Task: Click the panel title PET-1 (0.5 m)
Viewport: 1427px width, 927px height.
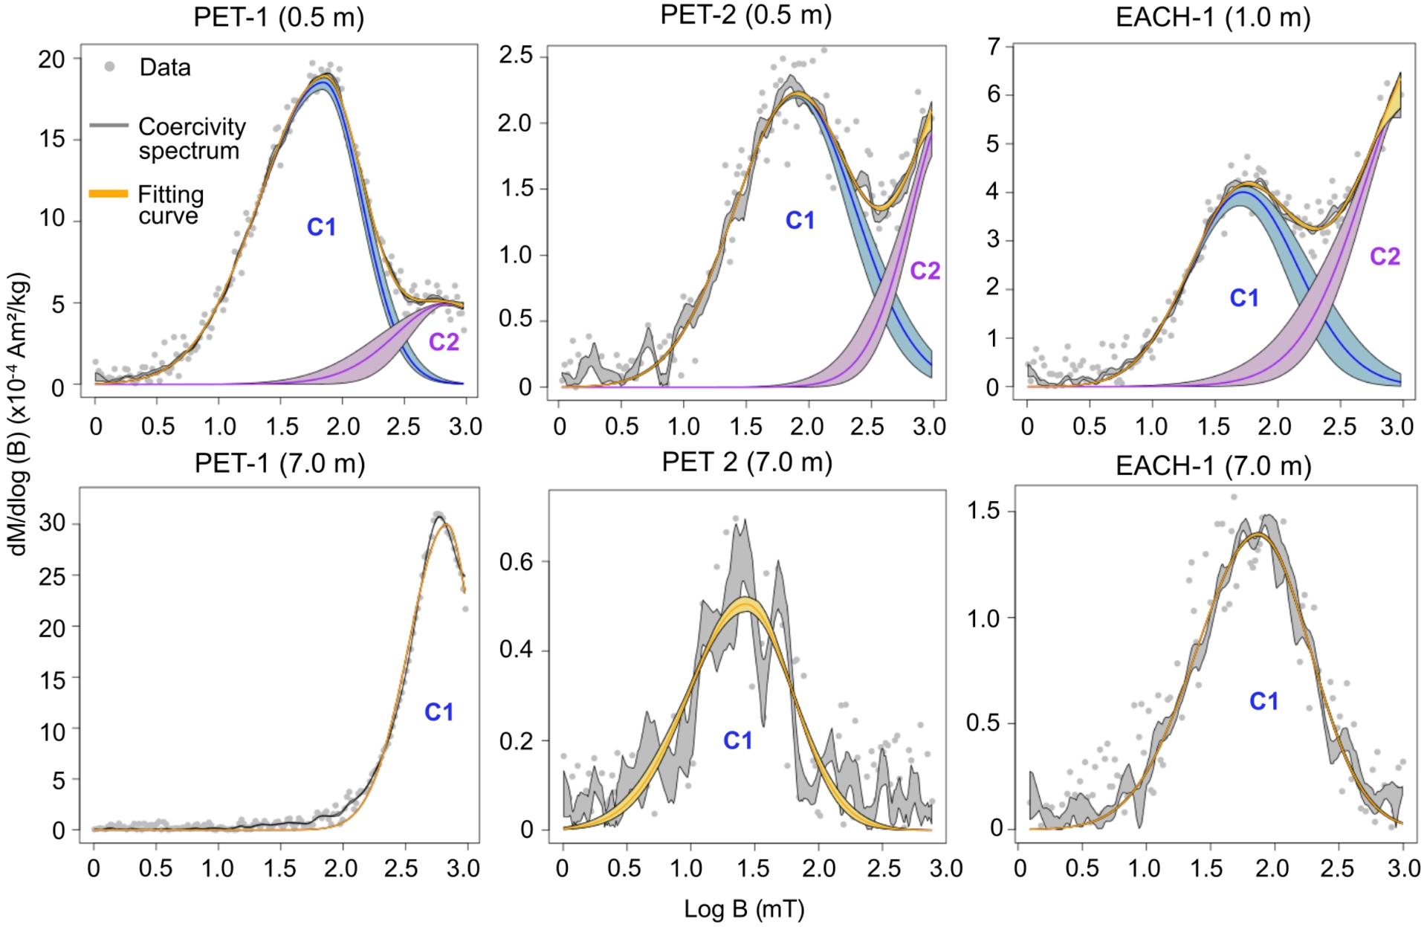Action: [279, 18]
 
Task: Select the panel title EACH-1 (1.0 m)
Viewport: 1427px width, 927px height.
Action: [1213, 18]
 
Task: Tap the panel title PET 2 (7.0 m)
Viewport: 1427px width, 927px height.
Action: [746, 462]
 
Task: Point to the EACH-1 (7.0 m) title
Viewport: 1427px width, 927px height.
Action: [1213, 466]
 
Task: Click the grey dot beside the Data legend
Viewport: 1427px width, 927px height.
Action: [109, 67]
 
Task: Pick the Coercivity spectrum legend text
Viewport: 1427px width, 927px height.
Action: [192, 138]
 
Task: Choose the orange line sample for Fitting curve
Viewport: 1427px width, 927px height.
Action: [109, 194]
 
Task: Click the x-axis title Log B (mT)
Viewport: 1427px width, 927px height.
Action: [744, 908]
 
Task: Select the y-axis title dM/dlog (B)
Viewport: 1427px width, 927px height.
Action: [19, 413]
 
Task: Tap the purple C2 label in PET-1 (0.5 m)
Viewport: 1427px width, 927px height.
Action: [444, 342]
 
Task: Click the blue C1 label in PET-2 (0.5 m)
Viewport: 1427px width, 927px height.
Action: [800, 220]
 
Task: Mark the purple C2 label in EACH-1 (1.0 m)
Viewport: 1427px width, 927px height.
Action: [1385, 256]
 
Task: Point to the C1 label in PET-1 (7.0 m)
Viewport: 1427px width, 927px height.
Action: [439, 712]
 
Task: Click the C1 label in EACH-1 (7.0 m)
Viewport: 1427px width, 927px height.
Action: [1263, 701]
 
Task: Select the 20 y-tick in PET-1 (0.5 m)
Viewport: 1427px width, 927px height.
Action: [51, 59]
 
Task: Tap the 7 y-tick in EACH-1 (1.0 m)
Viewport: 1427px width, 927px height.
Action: [994, 47]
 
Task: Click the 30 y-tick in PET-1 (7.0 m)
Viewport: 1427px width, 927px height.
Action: [52, 523]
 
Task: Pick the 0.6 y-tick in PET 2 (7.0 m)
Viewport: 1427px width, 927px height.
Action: [516, 562]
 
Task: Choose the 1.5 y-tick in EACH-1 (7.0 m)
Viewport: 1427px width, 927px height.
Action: [983, 511]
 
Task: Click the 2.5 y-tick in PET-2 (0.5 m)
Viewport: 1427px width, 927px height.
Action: [516, 55]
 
